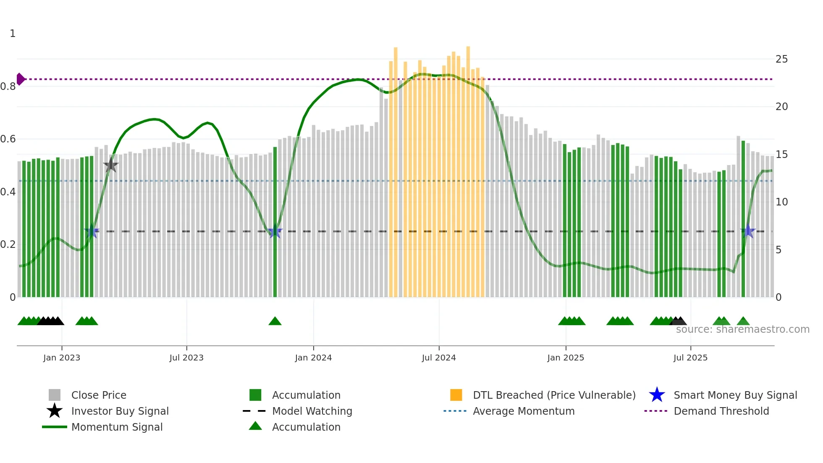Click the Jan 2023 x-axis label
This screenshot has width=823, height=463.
click(x=61, y=358)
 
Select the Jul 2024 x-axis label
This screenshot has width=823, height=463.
click(x=439, y=358)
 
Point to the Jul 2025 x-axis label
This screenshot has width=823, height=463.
click(x=690, y=358)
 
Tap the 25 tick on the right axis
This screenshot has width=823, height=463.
click(x=781, y=59)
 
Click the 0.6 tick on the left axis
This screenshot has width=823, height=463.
click(x=8, y=139)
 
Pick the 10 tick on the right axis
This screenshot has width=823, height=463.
click(x=781, y=202)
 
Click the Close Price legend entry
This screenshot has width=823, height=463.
click(x=99, y=395)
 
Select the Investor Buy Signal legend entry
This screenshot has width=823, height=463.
click(x=120, y=411)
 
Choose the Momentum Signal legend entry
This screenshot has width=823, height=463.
click(x=117, y=427)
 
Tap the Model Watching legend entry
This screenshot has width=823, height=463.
click(x=312, y=411)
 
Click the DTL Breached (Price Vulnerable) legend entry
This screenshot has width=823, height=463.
click(x=554, y=395)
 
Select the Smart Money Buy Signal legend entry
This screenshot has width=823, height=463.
click(x=735, y=395)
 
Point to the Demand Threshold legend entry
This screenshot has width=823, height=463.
click(x=721, y=411)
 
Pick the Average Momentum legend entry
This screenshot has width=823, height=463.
click(x=524, y=411)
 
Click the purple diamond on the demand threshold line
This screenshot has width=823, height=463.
click(x=20, y=79)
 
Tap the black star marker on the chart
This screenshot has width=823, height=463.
click(x=111, y=165)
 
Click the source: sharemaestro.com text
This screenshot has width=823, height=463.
click(x=742, y=329)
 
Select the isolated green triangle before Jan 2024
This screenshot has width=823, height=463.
click(x=275, y=321)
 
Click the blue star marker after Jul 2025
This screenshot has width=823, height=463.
click(x=748, y=231)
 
